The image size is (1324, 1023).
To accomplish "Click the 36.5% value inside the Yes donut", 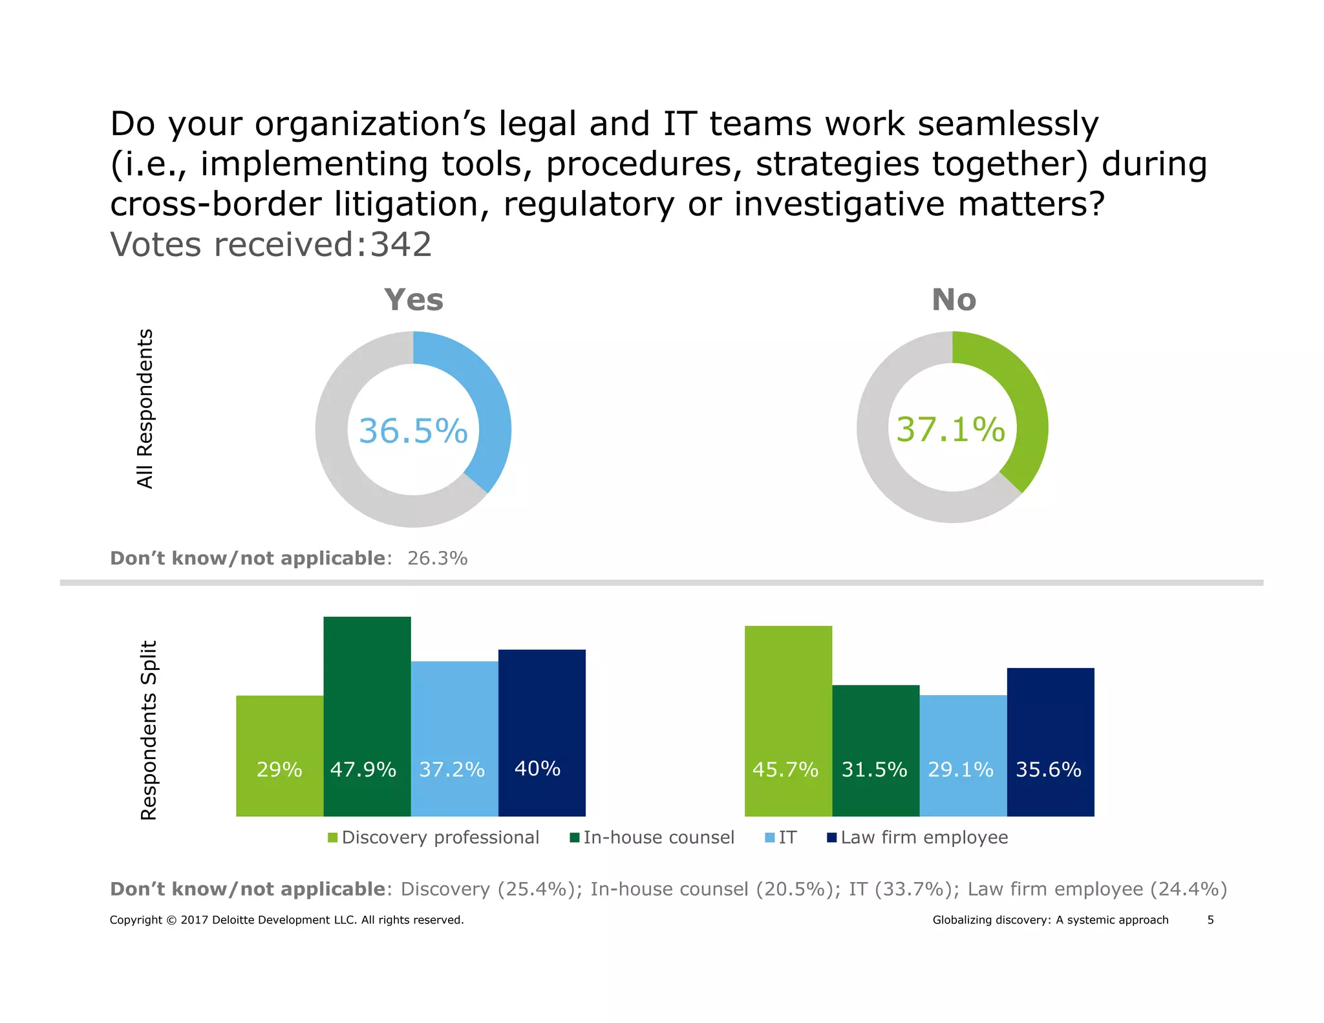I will [413, 431].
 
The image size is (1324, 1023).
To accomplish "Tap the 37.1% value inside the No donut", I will [951, 429].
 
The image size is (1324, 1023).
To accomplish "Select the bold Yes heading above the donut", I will [414, 300].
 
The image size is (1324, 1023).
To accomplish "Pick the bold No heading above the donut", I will [954, 300].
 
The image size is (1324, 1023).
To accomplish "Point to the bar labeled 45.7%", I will [788, 720].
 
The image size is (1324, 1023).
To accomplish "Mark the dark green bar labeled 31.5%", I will [875, 750].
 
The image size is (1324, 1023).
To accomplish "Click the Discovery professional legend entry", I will [434, 838].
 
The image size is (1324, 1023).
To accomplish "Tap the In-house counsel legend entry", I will [652, 838].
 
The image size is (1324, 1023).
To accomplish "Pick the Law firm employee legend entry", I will [918, 838].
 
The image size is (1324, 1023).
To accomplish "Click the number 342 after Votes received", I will [401, 245].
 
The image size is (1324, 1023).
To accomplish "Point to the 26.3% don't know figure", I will [437, 558].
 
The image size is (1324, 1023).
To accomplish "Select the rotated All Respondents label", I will [145, 409].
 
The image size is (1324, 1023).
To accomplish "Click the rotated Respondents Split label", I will [149, 730].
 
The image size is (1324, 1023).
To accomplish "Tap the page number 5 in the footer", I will [1210, 920].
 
